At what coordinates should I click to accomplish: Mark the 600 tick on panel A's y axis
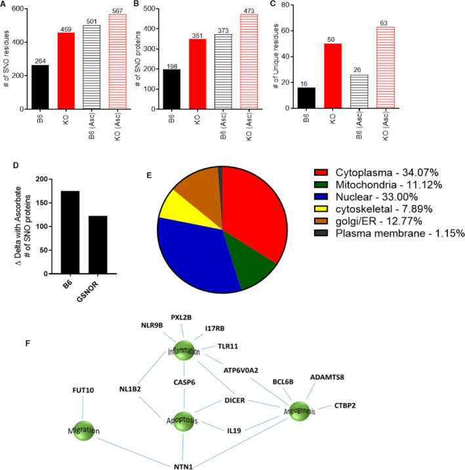click(24, 9)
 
